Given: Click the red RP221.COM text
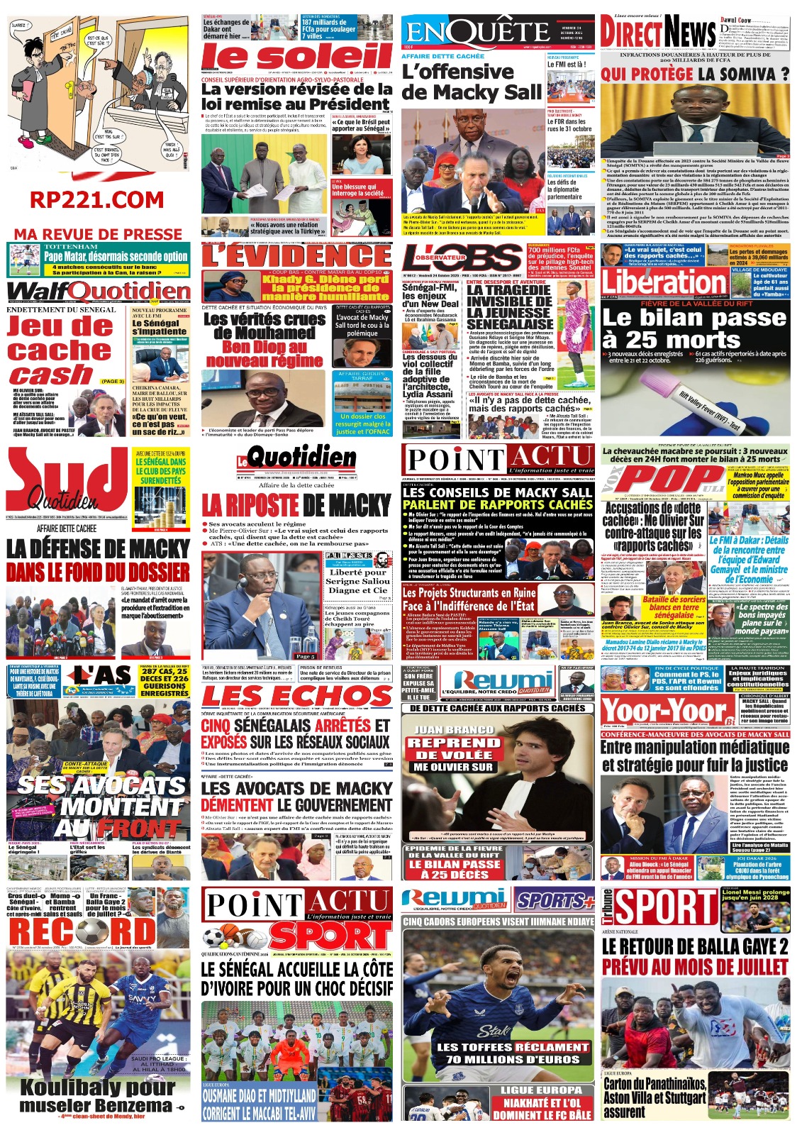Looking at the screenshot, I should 97,200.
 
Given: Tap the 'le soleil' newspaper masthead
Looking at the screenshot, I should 297,57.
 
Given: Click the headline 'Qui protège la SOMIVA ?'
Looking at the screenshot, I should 694,74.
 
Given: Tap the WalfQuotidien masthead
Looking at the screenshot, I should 99,292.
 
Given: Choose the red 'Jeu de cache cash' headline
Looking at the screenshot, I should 60,350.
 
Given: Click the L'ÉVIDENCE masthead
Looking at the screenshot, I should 296,255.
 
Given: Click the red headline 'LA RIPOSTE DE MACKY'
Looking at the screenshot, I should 296,505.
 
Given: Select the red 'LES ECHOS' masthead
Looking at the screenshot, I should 296,695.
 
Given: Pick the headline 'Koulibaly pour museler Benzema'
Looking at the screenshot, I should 97,1095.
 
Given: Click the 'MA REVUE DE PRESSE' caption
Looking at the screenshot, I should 98,234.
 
